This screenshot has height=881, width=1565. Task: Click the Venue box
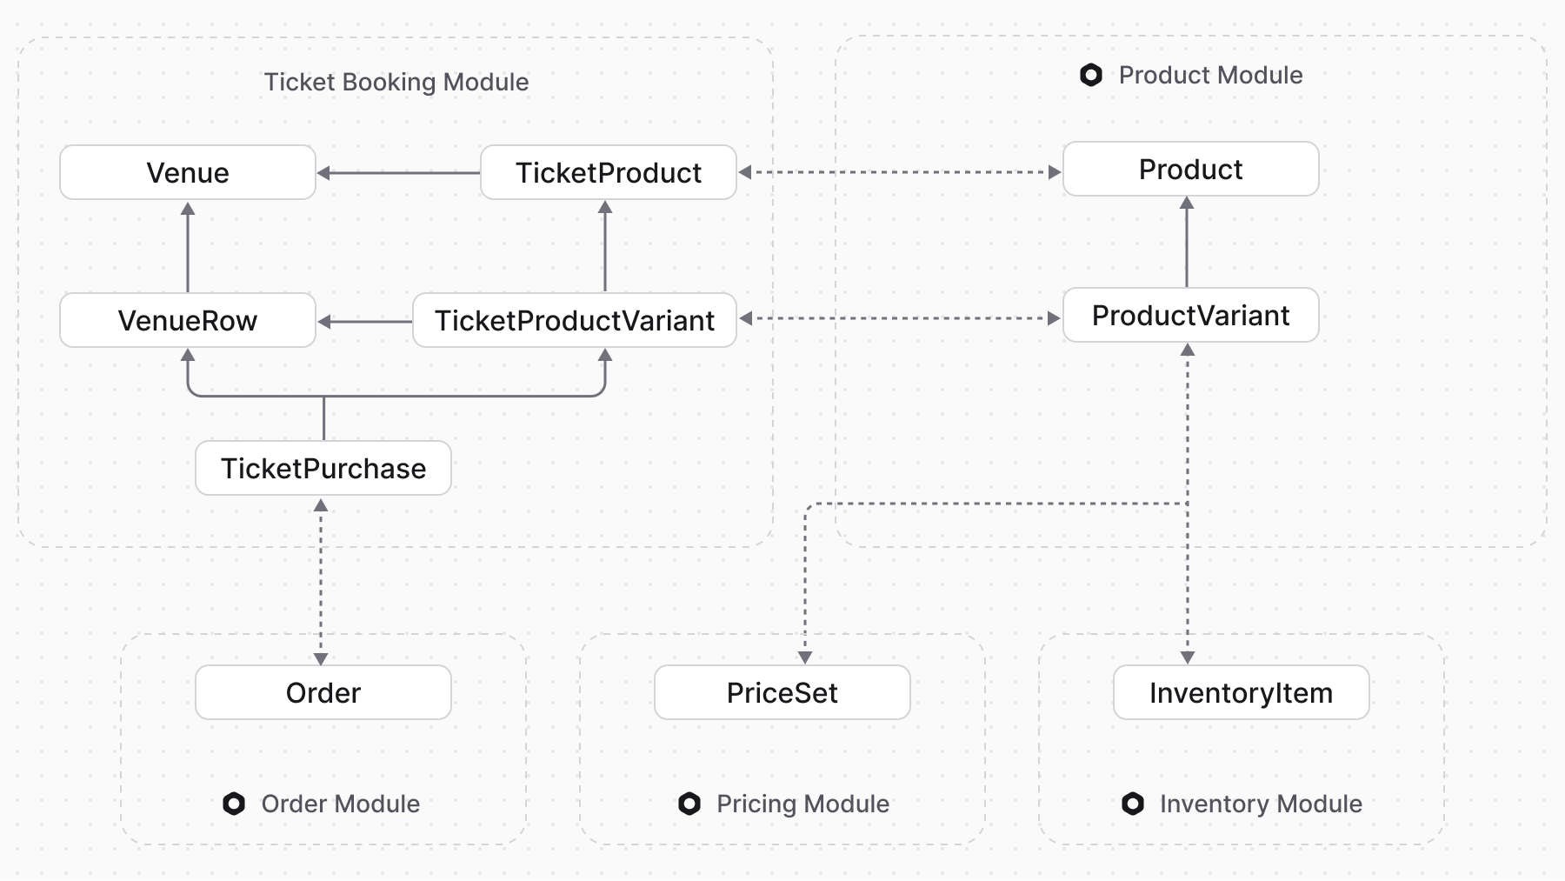click(x=187, y=172)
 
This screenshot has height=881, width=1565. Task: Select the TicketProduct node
click(x=608, y=172)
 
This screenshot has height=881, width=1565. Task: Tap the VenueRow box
click(x=187, y=320)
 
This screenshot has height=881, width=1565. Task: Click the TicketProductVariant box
click(x=574, y=320)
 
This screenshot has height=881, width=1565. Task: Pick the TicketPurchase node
click(x=323, y=468)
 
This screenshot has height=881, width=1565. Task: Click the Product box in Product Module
click(x=1190, y=169)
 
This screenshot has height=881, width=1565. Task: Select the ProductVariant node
click(x=1190, y=315)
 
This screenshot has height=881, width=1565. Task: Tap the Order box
click(x=323, y=692)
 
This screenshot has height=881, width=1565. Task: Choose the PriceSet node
click(x=782, y=692)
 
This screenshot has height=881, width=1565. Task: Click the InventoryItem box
click(x=1241, y=692)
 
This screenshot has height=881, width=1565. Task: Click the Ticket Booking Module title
click(x=396, y=82)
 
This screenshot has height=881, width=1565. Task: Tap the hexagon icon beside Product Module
click(x=1091, y=75)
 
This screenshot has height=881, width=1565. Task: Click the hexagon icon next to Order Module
click(x=234, y=804)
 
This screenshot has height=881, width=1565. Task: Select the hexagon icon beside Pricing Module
click(x=689, y=804)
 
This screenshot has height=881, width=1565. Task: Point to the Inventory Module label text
click(x=1260, y=804)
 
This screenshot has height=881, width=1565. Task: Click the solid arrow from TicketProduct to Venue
click(x=398, y=173)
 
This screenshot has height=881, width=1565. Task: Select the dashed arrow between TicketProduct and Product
click(x=900, y=172)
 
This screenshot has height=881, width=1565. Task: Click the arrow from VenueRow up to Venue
click(x=188, y=247)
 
